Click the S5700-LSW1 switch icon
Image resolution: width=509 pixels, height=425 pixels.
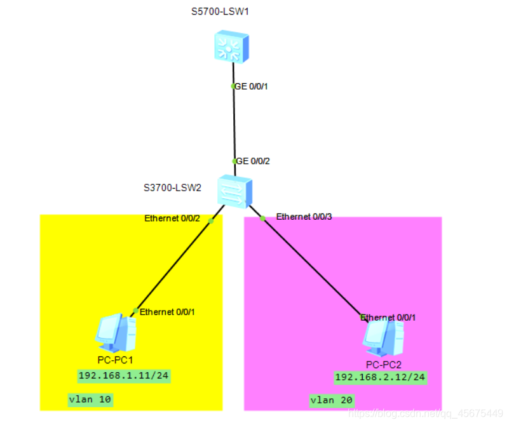point(233,48)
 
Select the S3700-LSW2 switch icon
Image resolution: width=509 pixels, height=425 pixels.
point(234,191)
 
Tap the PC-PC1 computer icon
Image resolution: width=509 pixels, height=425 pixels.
point(116,332)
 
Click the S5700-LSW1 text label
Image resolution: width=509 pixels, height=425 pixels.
point(220,12)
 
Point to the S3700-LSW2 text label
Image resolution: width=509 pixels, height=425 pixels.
point(172,187)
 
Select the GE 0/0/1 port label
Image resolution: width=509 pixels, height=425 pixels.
point(252,86)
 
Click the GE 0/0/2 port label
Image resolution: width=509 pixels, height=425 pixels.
point(252,161)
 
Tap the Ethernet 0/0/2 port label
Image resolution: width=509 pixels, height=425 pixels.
point(172,219)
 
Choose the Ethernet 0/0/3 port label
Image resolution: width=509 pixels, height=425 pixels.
point(304,217)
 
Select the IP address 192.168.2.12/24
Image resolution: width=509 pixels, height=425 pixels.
point(380,377)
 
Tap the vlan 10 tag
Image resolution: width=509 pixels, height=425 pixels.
point(90,400)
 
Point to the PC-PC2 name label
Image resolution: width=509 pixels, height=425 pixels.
point(384,364)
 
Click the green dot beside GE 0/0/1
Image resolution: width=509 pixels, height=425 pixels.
point(233,86)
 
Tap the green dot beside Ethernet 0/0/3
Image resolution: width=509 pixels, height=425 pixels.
point(262,219)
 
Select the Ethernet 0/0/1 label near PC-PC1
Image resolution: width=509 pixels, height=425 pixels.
point(167,312)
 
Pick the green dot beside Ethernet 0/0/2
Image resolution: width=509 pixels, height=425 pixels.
point(211,221)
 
